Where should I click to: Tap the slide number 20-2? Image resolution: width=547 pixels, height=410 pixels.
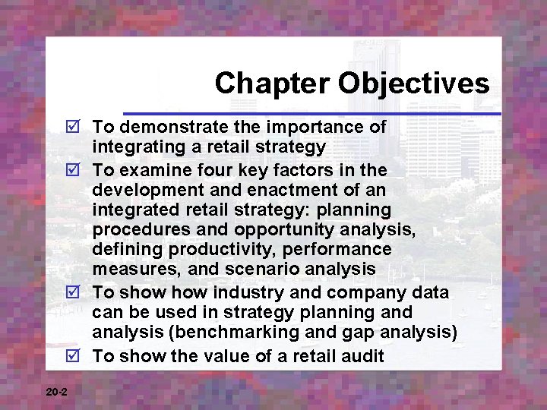(56, 392)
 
